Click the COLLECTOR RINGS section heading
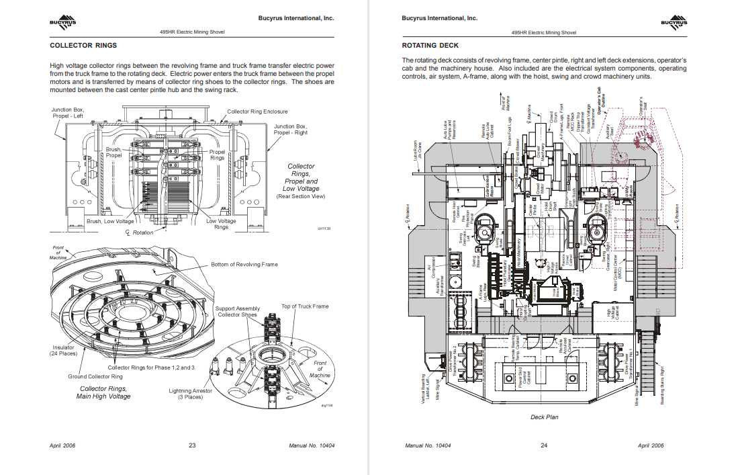(83, 46)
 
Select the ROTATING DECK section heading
(430, 46)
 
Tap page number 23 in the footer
(191, 445)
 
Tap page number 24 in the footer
(544, 445)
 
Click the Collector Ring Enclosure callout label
(257, 112)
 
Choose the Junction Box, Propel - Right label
(290, 130)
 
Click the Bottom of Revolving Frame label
(244, 264)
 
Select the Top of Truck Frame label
(305, 306)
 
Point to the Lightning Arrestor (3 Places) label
(191, 394)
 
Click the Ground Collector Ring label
(95, 376)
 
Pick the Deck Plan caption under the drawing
(544, 417)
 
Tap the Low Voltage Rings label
(221, 224)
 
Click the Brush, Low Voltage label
(110, 220)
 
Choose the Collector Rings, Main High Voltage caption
(105, 392)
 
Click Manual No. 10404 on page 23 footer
(311, 445)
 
